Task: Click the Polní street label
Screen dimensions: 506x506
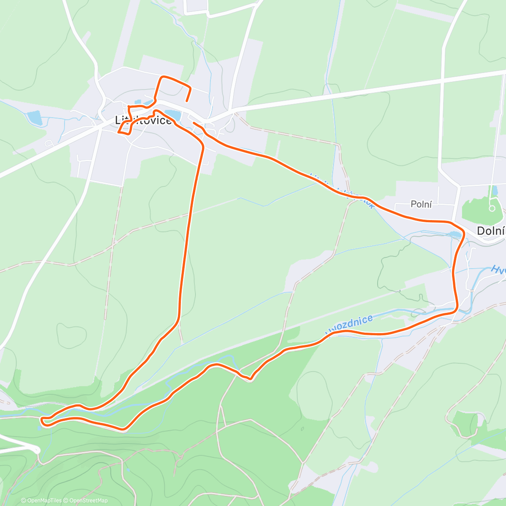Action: pos(421,205)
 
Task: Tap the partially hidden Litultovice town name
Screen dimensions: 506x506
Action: pos(144,120)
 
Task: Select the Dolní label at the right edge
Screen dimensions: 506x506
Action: pos(491,231)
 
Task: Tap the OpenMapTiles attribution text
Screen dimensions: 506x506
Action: pos(41,501)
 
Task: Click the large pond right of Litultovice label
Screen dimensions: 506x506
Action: pos(172,114)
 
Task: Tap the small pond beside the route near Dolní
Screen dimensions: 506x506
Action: pos(455,234)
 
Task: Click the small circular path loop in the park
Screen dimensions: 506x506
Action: pos(492,208)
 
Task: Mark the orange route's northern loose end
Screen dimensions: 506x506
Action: pos(186,101)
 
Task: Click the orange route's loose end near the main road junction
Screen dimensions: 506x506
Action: pos(194,123)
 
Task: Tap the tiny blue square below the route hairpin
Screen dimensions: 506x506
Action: pos(39,428)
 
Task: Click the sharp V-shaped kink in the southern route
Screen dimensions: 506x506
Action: pos(250,379)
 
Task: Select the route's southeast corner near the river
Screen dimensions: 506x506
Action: pos(456,310)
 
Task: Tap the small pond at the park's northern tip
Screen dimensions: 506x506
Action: pos(495,190)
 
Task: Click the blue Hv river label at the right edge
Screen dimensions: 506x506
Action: pos(498,269)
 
